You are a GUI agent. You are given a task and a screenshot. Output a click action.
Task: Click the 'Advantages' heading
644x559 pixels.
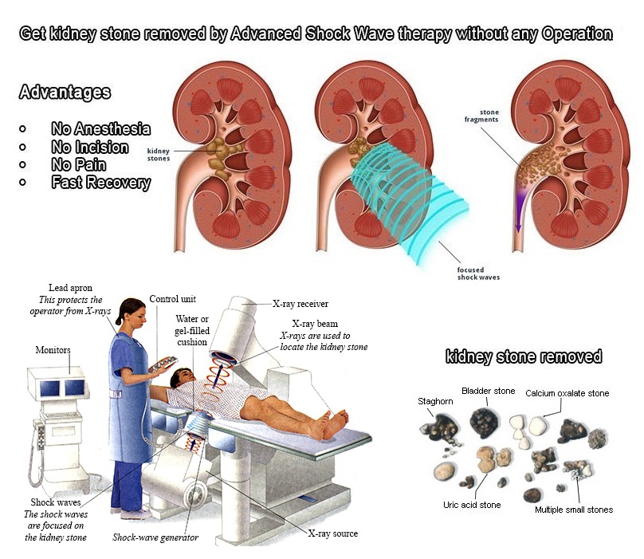(65, 93)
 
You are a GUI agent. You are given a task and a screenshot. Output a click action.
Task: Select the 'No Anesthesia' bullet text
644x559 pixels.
(100, 129)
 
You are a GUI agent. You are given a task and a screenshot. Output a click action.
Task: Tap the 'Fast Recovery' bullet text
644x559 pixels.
(100, 183)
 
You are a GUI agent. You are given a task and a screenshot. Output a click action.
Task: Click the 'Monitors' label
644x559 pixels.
(53, 349)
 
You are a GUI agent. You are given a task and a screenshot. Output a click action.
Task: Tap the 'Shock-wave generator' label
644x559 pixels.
(155, 537)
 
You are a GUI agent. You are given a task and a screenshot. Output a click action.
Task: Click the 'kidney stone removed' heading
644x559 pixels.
(524, 356)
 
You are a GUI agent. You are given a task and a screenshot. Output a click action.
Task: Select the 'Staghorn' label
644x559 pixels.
(436, 401)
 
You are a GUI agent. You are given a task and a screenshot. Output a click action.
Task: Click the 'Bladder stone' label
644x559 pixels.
(487, 391)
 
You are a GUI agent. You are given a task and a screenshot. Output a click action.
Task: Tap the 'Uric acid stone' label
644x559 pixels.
(472, 505)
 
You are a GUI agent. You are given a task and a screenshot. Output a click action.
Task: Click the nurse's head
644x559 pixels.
(132, 313)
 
